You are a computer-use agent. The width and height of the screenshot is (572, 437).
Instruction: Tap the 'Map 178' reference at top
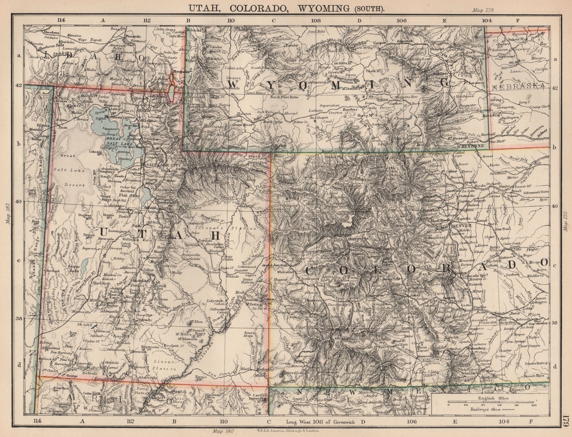(x=483, y=10)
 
